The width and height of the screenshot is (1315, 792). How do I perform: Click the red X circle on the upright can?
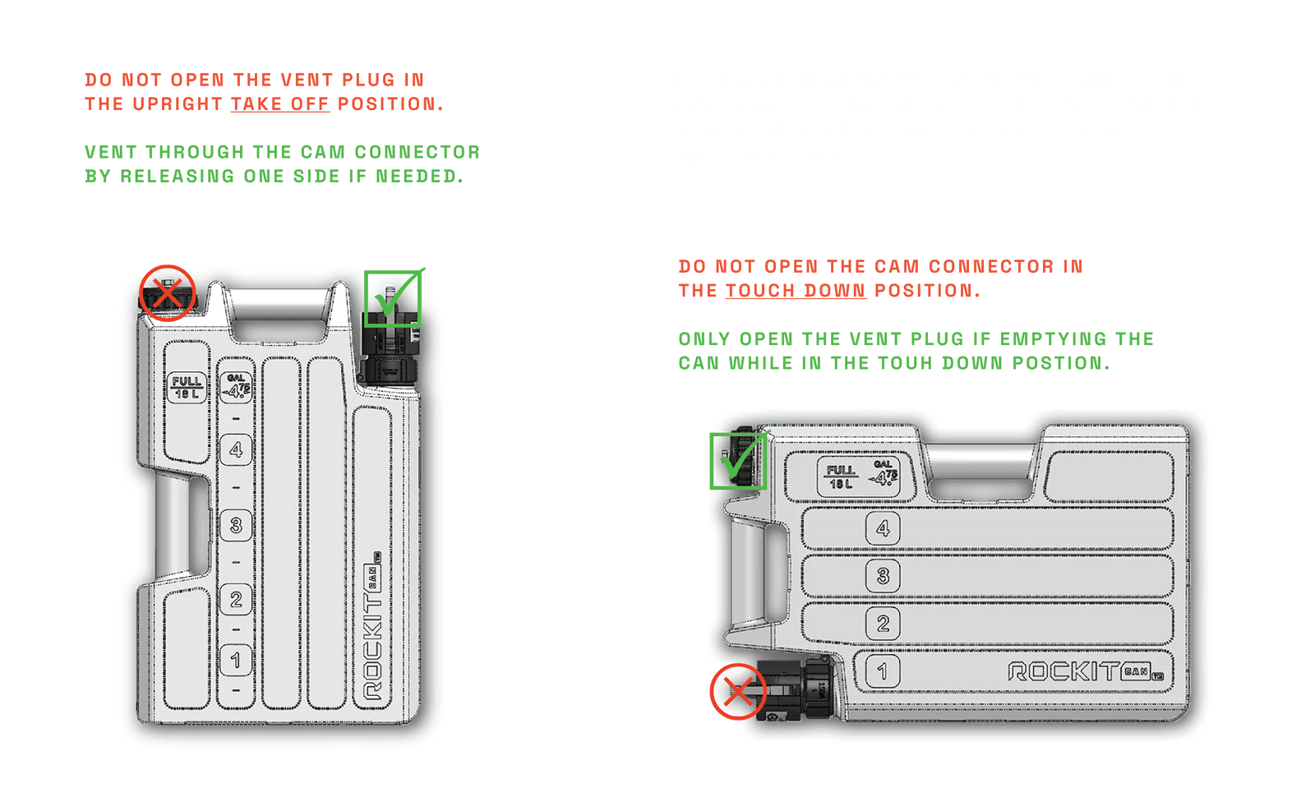pos(167,292)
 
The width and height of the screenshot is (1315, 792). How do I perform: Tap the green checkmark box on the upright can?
pos(393,298)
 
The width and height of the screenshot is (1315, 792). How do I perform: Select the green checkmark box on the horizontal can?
pos(737,460)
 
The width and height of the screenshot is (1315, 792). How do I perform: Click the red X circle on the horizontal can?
pos(738,692)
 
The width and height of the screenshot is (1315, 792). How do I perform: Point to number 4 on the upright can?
pos(236,449)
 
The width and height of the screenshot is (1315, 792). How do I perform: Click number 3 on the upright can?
pos(236,524)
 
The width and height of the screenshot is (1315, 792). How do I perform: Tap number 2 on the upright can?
pos(236,599)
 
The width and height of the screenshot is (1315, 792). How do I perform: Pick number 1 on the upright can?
pos(236,660)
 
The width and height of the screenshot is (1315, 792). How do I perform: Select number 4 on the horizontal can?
pos(883,528)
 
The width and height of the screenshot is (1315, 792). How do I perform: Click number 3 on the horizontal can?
pos(883,575)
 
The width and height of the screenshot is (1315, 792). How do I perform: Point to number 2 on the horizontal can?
pos(883,623)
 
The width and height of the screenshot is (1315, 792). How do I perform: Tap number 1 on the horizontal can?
pos(882,671)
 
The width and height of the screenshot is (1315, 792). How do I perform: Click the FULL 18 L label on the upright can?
pos(187,387)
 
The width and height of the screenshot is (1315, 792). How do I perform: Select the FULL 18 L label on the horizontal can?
pos(841,477)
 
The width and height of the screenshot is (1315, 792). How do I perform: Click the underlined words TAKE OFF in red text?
pos(279,104)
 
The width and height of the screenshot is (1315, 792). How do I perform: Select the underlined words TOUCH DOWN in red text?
pos(795,291)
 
